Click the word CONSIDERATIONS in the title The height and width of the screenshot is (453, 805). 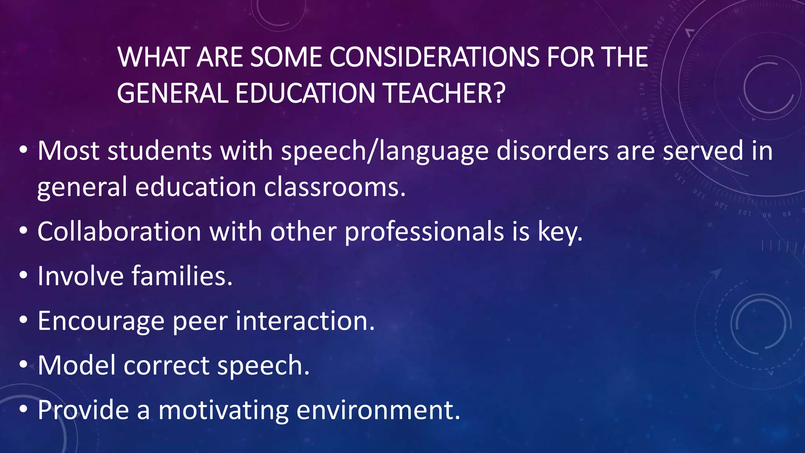tap(434, 57)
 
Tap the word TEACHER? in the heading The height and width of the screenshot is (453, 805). tap(444, 94)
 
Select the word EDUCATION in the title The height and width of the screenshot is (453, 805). tap(305, 94)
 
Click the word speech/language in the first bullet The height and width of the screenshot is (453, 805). tap(384, 151)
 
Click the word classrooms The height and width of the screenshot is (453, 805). tap(334, 187)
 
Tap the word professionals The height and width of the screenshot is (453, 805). tap(424, 232)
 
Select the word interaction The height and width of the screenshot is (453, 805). tap(305, 321)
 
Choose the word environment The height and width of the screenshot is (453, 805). tap(378, 410)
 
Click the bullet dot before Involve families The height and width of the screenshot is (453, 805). tap(24, 276)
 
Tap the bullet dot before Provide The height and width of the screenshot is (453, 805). tap(24, 409)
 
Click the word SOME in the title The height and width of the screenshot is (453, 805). tap(286, 57)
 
